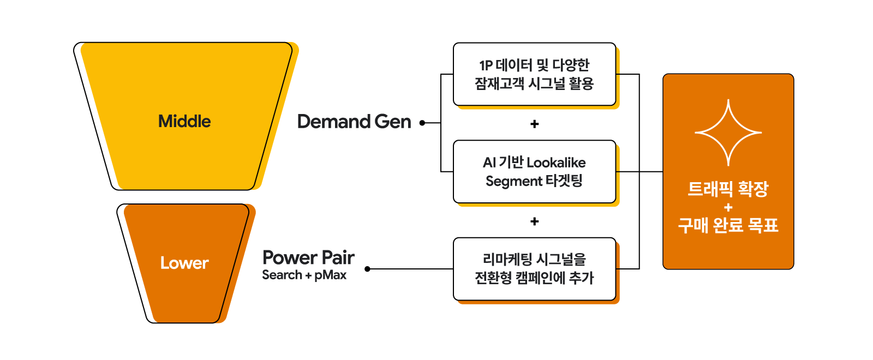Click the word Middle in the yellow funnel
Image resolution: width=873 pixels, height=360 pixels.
point(184,121)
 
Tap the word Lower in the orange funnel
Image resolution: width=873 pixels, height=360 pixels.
point(184,263)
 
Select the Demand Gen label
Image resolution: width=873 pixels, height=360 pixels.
point(354,122)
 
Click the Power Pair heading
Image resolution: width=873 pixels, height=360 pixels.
point(308,257)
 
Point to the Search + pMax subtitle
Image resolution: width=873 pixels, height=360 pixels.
point(304,275)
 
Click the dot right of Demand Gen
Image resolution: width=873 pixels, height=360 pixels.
point(422,123)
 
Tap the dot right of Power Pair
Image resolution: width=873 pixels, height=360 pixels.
point(367,269)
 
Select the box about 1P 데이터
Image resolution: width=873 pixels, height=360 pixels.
point(534,74)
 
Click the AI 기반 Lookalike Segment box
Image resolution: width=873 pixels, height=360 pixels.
point(534,171)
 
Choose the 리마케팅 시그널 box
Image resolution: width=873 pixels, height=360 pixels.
point(534,269)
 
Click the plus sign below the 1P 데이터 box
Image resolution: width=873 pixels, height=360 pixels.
point(535,124)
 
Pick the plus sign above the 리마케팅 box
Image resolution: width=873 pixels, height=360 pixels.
point(535,221)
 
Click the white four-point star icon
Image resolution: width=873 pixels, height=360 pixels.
point(728,133)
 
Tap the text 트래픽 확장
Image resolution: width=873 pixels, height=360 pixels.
point(728,189)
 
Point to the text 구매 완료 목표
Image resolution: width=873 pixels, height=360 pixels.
point(728,225)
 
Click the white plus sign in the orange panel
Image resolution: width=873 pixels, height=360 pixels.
point(728,207)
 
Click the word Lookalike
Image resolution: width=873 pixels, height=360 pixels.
point(556,163)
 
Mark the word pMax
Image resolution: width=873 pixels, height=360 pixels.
point(331,275)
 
